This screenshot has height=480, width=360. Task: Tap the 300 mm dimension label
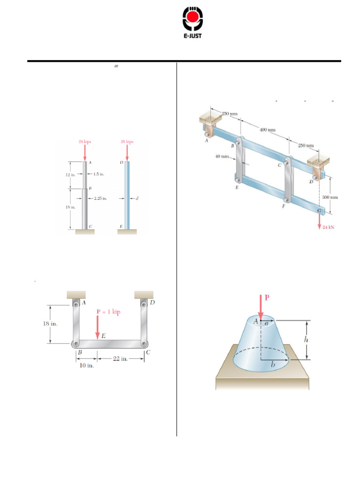point(330,197)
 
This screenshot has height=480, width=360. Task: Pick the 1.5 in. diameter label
point(98,174)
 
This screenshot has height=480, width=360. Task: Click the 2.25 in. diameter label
point(100,198)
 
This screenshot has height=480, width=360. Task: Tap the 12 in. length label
point(71,174)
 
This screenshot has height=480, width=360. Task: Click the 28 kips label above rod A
point(84,141)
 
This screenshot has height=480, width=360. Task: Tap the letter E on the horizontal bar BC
point(103,336)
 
